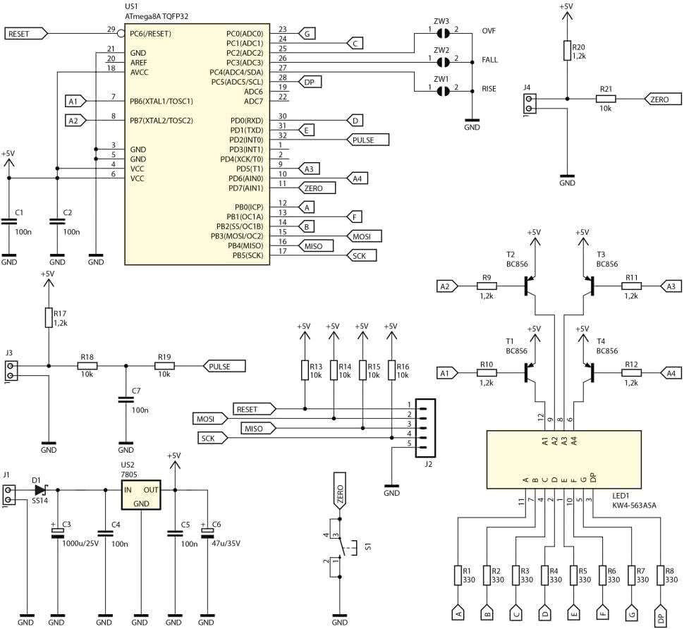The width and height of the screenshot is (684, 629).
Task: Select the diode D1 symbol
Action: pos(39,489)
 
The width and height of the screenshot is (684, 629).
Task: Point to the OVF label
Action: pos(489,31)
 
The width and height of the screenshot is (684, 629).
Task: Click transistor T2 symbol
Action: pos(530,286)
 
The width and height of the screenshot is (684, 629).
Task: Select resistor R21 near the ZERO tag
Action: pos(606,99)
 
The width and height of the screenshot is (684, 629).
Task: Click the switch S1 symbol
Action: pos(341,546)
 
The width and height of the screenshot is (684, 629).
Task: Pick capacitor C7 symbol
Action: pos(126,400)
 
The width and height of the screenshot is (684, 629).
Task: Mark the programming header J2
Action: pos(426,425)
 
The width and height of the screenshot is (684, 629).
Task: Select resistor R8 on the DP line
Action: pos(661,575)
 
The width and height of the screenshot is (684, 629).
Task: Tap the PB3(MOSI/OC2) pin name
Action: pos(236,236)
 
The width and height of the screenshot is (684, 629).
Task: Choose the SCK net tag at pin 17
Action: pos(362,255)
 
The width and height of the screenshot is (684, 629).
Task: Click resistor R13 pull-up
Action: pos(304,370)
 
